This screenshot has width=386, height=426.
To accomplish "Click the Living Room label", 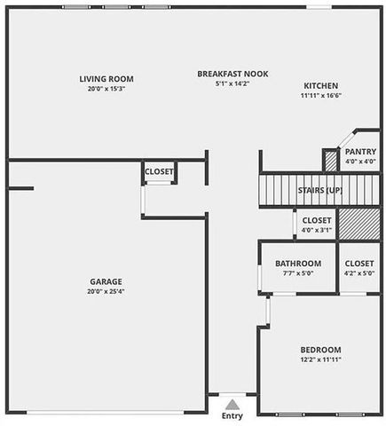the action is pyautogui.click(x=106, y=79).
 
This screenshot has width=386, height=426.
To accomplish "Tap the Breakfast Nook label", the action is pyautogui.click(x=232, y=74).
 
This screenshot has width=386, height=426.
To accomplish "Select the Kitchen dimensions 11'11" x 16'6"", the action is pyautogui.click(x=321, y=96).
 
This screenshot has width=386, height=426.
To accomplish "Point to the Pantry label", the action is pyautogui.click(x=360, y=152).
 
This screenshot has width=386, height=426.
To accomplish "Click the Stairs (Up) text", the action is pyautogui.click(x=320, y=190).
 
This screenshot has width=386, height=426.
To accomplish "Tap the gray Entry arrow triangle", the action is pyautogui.click(x=232, y=405).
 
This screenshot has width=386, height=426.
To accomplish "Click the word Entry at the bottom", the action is pyautogui.click(x=232, y=415).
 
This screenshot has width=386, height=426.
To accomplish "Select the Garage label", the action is pyautogui.click(x=106, y=281).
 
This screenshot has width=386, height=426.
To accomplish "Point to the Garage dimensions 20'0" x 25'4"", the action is pyautogui.click(x=106, y=291).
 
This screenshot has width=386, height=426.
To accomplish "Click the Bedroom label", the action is pyautogui.click(x=320, y=350).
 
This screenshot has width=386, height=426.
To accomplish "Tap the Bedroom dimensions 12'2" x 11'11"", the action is pyautogui.click(x=320, y=359).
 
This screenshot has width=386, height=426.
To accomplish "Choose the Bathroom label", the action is pyautogui.click(x=298, y=264).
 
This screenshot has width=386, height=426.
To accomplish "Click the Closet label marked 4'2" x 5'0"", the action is pyautogui.click(x=359, y=264).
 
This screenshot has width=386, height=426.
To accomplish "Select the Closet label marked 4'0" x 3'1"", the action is pyautogui.click(x=317, y=220).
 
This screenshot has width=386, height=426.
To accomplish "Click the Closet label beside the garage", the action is pyautogui.click(x=159, y=171).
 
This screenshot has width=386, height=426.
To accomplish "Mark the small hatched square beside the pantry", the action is pyautogui.click(x=331, y=161).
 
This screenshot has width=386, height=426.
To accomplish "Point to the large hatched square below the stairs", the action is pyautogui.click(x=359, y=224).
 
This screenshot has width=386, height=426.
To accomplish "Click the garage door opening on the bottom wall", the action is pyautogui.click(x=106, y=413).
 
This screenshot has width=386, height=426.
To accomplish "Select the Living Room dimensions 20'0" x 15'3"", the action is pyautogui.click(x=106, y=89).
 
